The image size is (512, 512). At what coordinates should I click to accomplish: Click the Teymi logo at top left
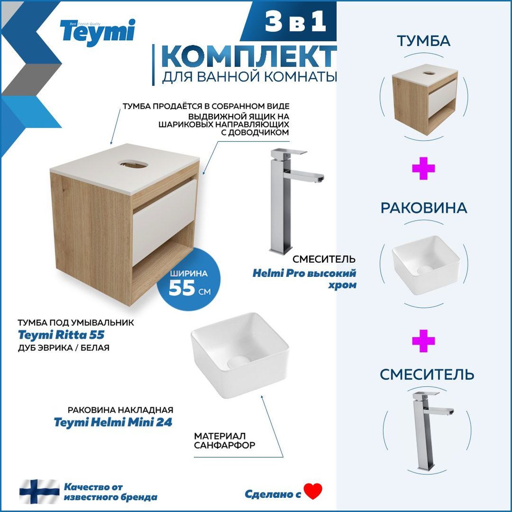coord(97,32)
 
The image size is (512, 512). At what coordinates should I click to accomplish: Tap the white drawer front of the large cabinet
coord(164,221)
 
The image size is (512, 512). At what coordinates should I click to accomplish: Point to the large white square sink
coord(240,350)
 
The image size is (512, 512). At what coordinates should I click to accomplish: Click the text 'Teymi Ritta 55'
coord(61,335)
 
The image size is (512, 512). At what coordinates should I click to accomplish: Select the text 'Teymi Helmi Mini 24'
coord(113,423)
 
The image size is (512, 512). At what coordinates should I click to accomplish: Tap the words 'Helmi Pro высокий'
coord(304,273)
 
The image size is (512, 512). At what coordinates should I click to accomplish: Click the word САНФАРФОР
coord(224,445)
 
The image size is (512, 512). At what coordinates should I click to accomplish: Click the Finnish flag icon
coord(39,492)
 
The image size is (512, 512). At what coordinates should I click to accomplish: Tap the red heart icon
coord(313,491)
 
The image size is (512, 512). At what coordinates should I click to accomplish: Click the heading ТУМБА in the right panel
coord(423,41)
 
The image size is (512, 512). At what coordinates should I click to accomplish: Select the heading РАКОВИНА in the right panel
coord(423,208)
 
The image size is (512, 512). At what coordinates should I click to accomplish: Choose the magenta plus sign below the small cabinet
coord(423,169)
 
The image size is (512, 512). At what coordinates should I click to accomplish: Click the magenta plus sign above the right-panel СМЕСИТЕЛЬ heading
coord(423,341)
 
